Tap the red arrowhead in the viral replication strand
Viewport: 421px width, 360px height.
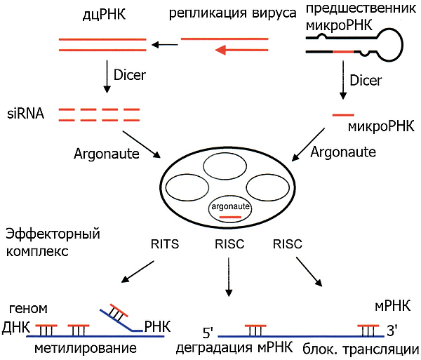click(x=221, y=50)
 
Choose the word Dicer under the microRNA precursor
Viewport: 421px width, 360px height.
click(x=366, y=81)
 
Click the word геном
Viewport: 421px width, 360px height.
click(x=26, y=309)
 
